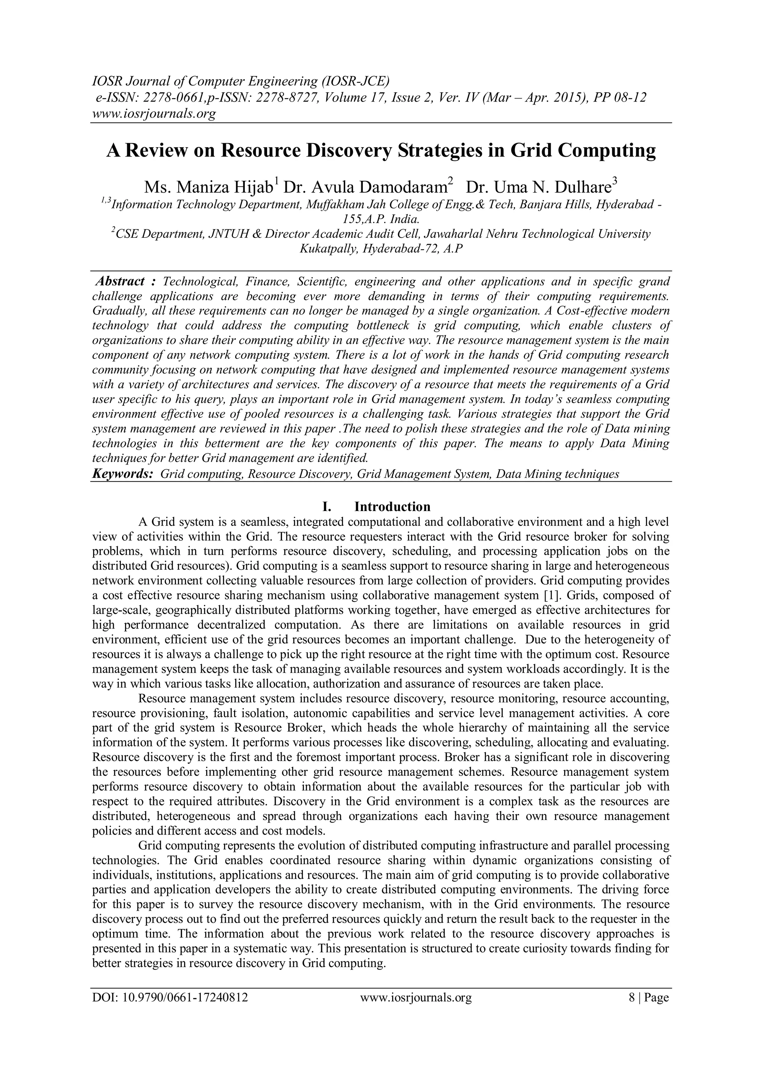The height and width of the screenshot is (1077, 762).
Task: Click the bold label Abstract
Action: [120, 282]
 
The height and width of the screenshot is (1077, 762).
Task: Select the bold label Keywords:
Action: [122, 474]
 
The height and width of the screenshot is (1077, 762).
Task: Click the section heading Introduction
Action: [392, 507]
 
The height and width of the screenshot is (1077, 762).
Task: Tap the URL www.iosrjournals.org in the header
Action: [153, 113]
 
